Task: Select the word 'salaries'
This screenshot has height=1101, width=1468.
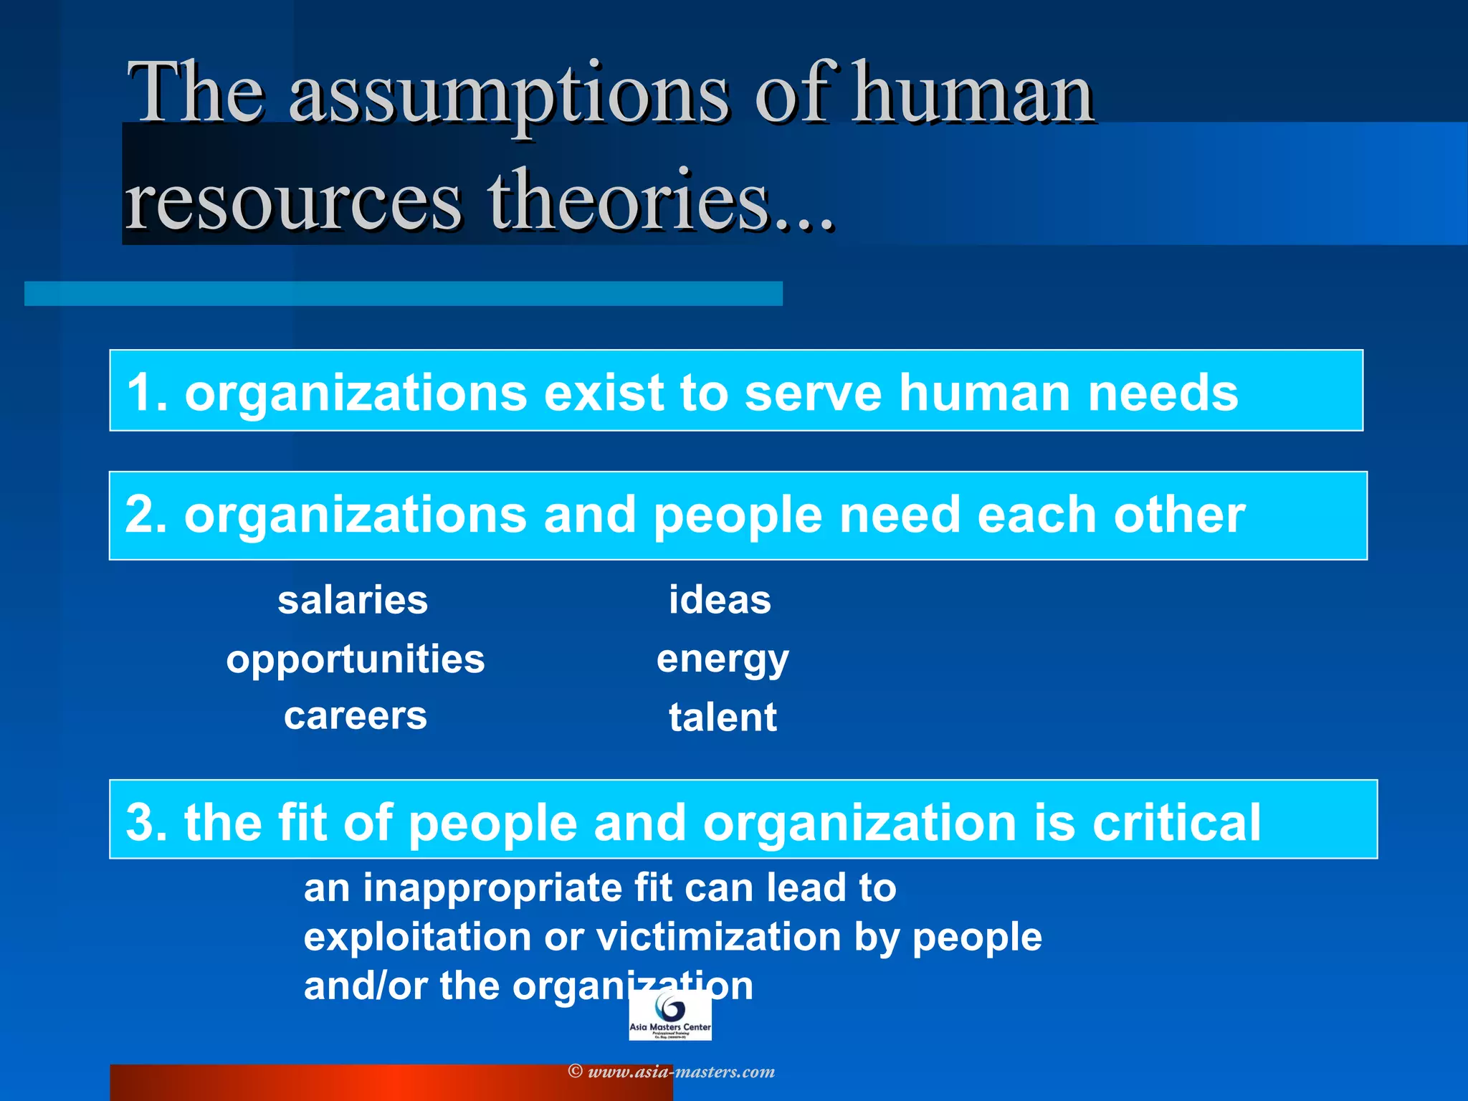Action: pyautogui.click(x=353, y=600)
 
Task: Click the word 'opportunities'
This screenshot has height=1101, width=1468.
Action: pyautogui.click(x=356, y=659)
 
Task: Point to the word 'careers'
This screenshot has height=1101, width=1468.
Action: pyautogui.click(x=356, y=715)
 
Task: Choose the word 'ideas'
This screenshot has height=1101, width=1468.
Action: pyautogui.click(x=720, y=600)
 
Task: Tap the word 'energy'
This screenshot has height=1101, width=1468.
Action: pyautogui.click(x=723, y=659)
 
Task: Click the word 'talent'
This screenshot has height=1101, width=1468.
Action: pyautogui.click(x=723, y=718)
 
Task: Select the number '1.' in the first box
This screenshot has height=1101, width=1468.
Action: pyautogui.click(x=147, y=393)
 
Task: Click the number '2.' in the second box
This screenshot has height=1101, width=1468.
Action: pyautogui.click(x=146, y=515)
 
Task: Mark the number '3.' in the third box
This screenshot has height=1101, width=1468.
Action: pyautogui.click(x=146, y=821)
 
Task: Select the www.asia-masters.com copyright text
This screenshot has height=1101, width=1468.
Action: pyautogui.click(x=672, y=1072)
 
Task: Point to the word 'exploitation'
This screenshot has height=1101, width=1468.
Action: pyautogui.click(x=417, y=937)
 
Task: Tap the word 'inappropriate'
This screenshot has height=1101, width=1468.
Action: pyautogui.click(x=491, y=889)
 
